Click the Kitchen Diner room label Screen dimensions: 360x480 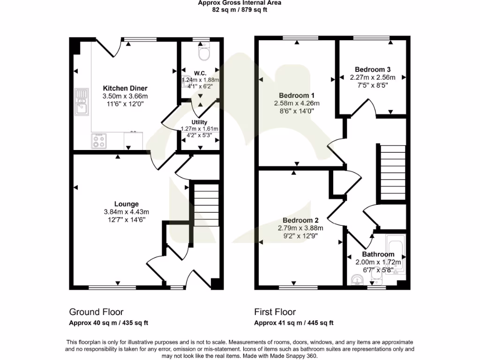click(x=125, y=88)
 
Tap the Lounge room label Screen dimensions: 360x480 click(x=127, y=204)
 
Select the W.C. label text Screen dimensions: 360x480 click(x=200, y=73)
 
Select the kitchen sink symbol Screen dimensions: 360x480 click(x=82, y=102)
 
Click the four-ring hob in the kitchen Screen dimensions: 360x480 click(x=99, y=141)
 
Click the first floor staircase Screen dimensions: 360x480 click(x=391, y=172)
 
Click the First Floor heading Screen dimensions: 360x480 click(x=275, y=312)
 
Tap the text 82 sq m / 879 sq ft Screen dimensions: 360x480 click(x=240, y=9)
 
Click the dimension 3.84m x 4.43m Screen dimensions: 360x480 click(x=127, y=212)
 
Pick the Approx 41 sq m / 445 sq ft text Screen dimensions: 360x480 click(x=293, y=322)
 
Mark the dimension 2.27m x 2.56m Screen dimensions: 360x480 click(x=373, y=77)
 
